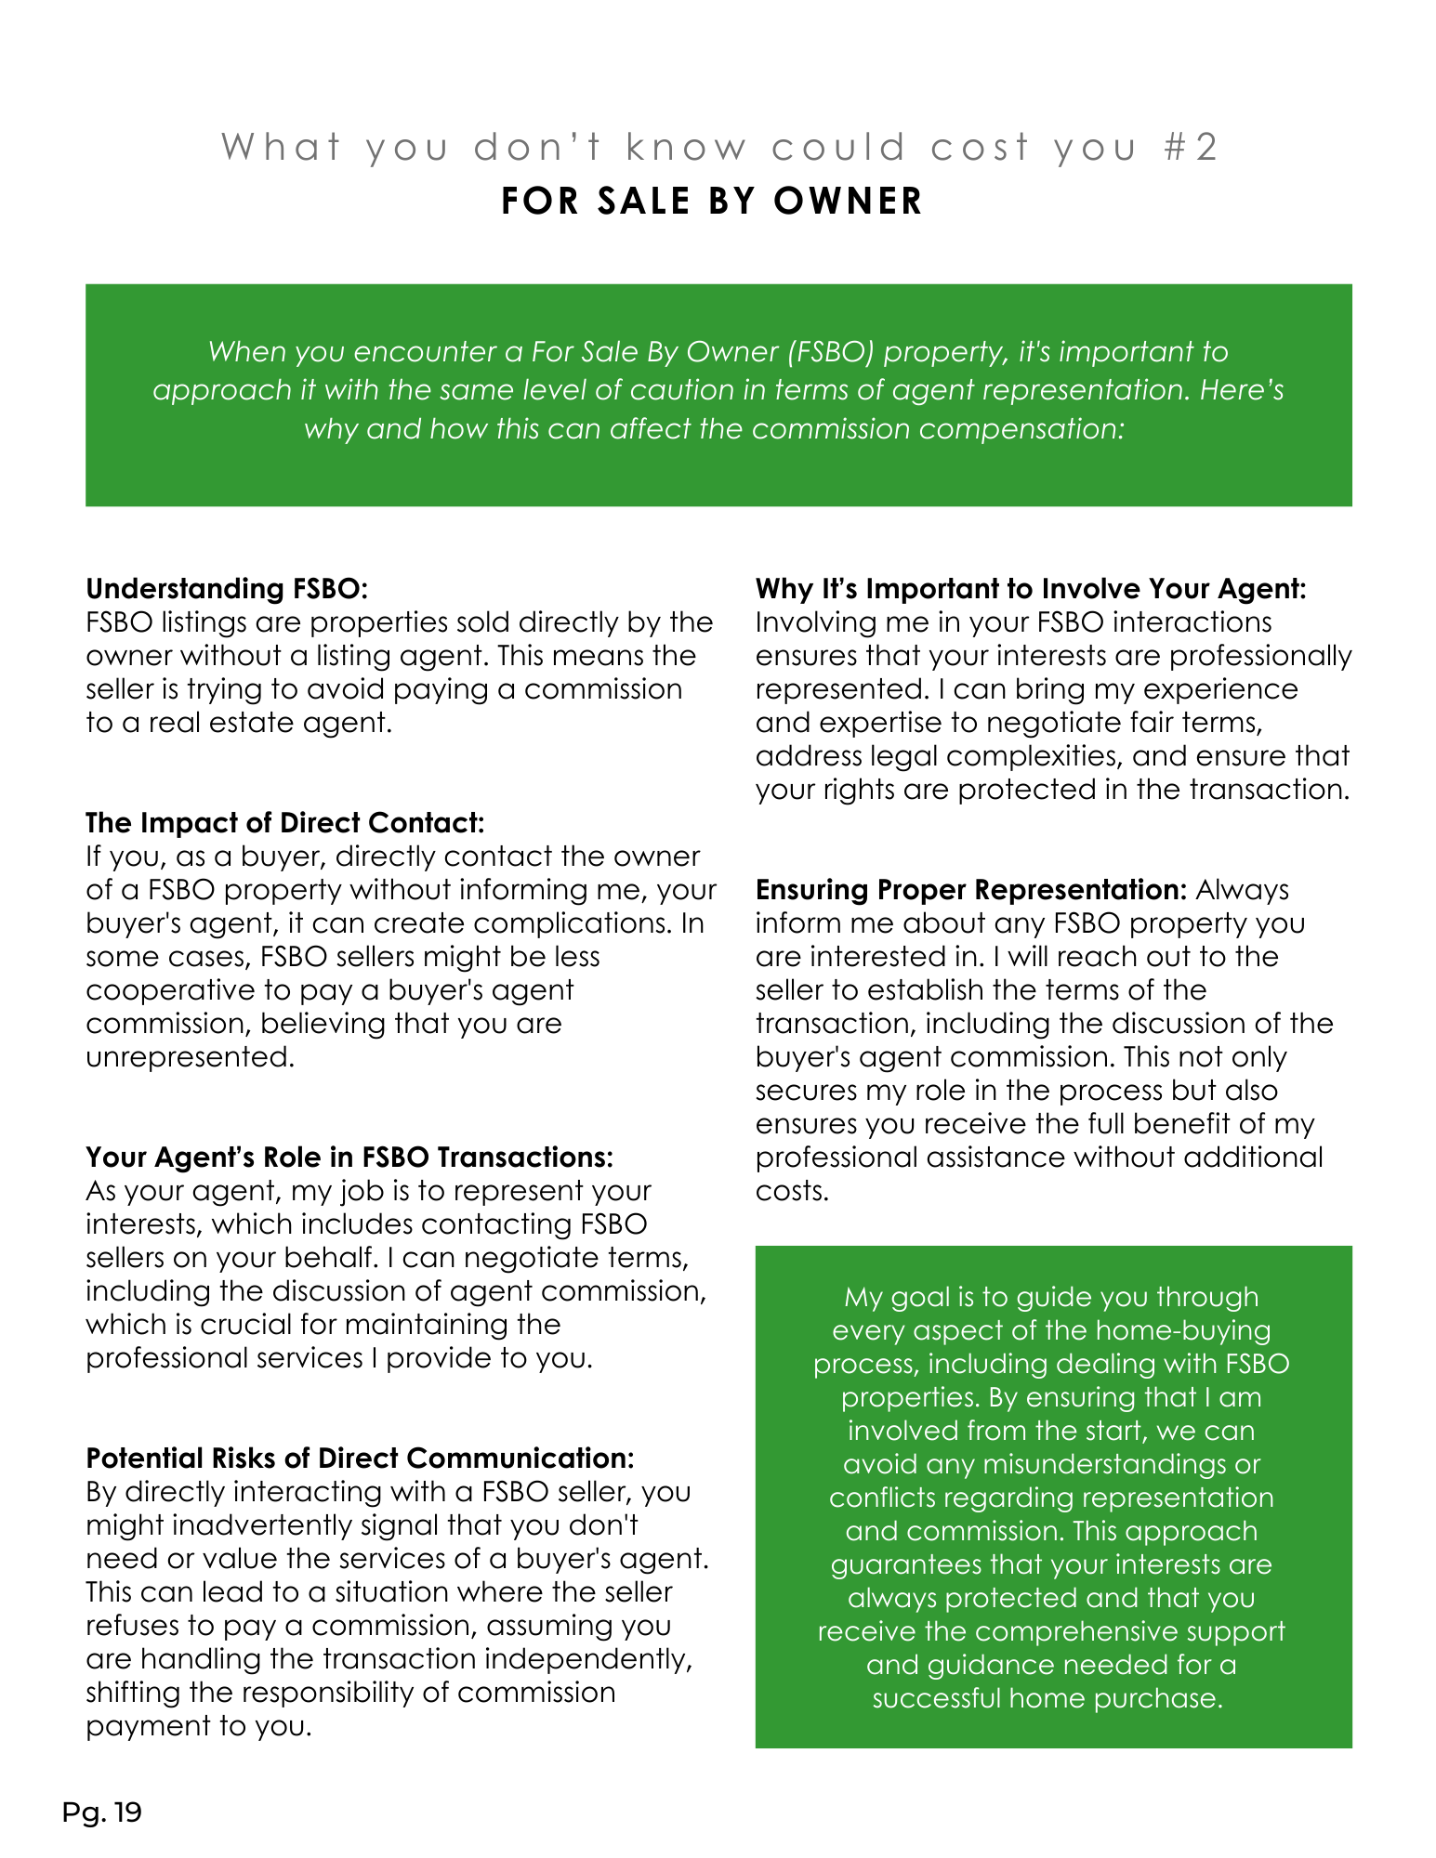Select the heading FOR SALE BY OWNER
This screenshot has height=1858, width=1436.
[x=712, y=201]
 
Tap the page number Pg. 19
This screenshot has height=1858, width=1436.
[x=101, y=1812]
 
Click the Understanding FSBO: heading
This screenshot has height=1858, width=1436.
[x=227, y=588]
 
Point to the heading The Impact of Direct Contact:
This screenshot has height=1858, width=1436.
[x=284, y=822]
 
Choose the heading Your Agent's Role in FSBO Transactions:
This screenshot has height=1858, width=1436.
[x=349, y=1157]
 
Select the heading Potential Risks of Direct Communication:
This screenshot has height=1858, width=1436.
[x=360, y=1458]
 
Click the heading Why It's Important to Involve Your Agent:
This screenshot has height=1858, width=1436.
[x=1031, y=588]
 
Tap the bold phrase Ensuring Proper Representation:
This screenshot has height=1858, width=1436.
[x=971, y=889]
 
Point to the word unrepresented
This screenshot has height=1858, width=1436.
[x=190, y=1056]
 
